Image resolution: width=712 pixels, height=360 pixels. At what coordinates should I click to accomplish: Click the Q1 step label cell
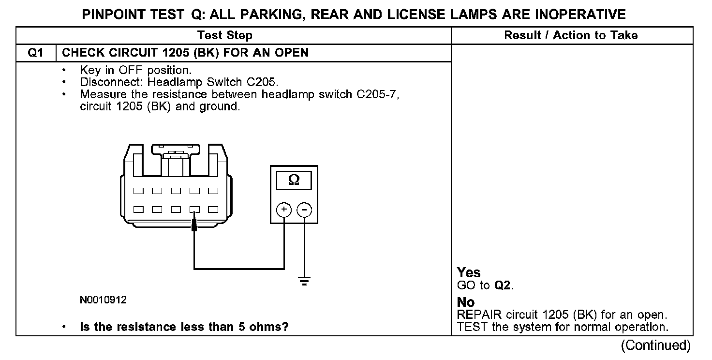(36, 53)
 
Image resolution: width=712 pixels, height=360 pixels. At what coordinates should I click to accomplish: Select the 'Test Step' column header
(225, 35)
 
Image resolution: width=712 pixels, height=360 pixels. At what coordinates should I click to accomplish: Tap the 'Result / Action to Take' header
(571, 35)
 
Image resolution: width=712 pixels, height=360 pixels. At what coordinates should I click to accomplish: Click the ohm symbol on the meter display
(294, 180)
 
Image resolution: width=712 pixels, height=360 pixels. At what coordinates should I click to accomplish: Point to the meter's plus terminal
(283, 210)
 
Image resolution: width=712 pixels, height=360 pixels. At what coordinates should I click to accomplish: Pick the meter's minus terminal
(304, 210)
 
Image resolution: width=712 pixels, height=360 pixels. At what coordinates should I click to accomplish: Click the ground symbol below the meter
(304, 281)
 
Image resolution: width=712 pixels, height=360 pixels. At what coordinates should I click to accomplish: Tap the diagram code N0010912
(103, 300)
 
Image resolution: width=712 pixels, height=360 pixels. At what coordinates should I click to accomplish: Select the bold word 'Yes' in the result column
(469, 272)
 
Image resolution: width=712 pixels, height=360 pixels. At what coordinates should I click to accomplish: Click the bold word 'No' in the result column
(466, 302)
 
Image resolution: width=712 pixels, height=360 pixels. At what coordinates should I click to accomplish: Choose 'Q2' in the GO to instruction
(503, 285)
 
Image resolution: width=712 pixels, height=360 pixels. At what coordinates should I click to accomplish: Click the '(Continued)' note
(655, 345)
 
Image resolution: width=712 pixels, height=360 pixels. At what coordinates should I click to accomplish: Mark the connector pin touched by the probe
(194, 210)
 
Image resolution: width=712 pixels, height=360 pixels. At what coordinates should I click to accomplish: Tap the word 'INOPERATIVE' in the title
(580, 15)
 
